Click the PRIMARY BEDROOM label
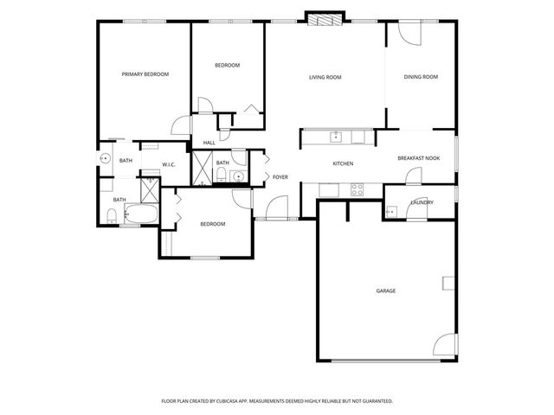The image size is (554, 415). pyautogui.click(x=145, y=74)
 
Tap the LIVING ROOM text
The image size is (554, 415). pyautogui.click(x=325, y=78)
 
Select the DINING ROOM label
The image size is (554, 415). pyautogui.click(x=421, y=77)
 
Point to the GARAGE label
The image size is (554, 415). pyautogui.click(x=386, y=290)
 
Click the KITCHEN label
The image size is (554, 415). pyautogui.click(x=344, y=163)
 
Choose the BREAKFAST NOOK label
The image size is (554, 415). pyautogui.click(x=419, y=158)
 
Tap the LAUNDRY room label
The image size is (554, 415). pyautogui.click(x=422, y=202)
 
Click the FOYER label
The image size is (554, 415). pyautogui.click(x=280, y=177)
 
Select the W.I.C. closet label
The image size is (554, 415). pyautogui.click(x=170, y=164)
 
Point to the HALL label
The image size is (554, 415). pyautogui.click(x=209, y=143)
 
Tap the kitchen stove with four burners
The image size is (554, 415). pyautogui.click(x=356, y=188)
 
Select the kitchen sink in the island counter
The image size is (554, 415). pyautogui.click(x=336, y=137)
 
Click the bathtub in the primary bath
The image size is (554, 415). pyautogui.click(x=142, y=214)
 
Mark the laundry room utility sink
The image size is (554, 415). pyautogui.click(x=390, y=211)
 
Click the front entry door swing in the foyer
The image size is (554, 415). pyautogui.click(x=278, y=207)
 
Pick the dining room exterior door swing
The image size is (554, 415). pyautogui.click(x=408, y=33)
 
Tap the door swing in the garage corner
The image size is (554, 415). pyautogui.click(x=445, y=344)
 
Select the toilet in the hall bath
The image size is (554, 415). pyautogui.click(x=221, y=177)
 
